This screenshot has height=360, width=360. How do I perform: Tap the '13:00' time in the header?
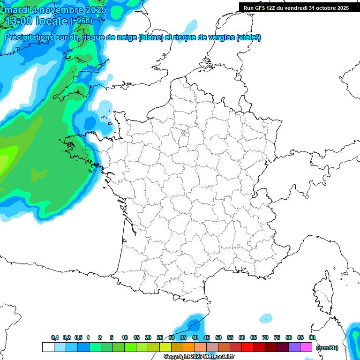click(19, 21)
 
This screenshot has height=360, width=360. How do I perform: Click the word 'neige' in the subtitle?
click(124, 37)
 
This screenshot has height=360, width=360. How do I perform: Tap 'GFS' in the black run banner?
click(265, 8)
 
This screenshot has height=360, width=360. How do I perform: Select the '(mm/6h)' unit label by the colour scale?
click(327, 348)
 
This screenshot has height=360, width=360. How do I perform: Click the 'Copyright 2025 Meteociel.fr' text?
click(199, 357)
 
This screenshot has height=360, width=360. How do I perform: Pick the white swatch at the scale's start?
click(48, 347)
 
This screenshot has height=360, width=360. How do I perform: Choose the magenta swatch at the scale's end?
click(306, 347)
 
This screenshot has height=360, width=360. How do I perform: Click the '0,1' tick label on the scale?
click(55, 338)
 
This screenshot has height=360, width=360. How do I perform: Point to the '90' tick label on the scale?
click(312, 338)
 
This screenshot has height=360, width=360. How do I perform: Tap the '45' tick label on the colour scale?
click(207, 338)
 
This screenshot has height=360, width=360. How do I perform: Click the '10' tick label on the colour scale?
click(125, 338)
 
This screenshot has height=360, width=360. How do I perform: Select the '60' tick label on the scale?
click(242, 338)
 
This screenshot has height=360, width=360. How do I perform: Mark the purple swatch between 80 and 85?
click(294, 347)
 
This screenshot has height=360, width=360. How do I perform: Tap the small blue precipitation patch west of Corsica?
click(266, 317)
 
